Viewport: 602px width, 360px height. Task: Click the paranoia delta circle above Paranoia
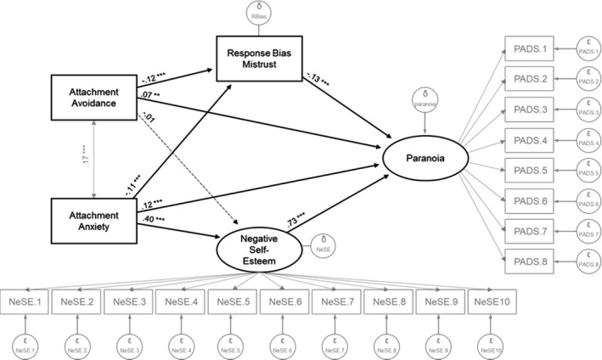422,101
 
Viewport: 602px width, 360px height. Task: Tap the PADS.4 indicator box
530,138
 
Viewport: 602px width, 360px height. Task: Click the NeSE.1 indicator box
25,301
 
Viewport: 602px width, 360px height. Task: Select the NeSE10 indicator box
494,301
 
